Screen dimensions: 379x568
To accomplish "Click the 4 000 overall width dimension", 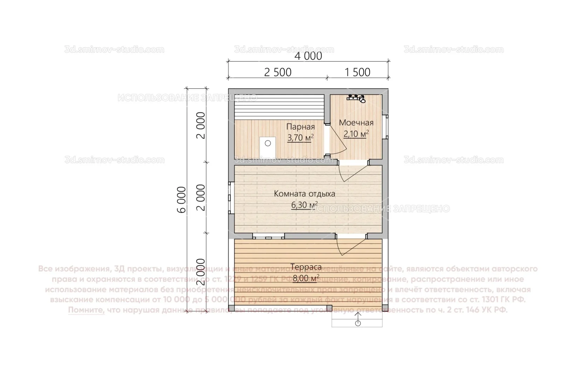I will (308, 56).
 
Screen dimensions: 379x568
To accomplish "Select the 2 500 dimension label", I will (277, 72).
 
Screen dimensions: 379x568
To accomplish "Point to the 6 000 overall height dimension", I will (182, 200).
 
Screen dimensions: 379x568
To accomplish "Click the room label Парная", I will (300, 127).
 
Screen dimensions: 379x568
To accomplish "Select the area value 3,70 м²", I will (300, 138).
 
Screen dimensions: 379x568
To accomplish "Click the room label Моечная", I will (356, 123).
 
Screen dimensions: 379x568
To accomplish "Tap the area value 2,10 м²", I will (356, 134).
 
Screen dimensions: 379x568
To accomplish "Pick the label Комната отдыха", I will (304, 194).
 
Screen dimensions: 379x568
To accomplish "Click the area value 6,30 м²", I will (304, 205).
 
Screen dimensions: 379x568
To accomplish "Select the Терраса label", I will (306, 267).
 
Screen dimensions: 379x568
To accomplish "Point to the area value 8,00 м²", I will (306, 279).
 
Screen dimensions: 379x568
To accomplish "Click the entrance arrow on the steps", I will (358, 319).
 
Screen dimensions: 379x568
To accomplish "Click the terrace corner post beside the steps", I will (329, 308).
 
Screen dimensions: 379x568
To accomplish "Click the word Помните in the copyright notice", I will (86, 310).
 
